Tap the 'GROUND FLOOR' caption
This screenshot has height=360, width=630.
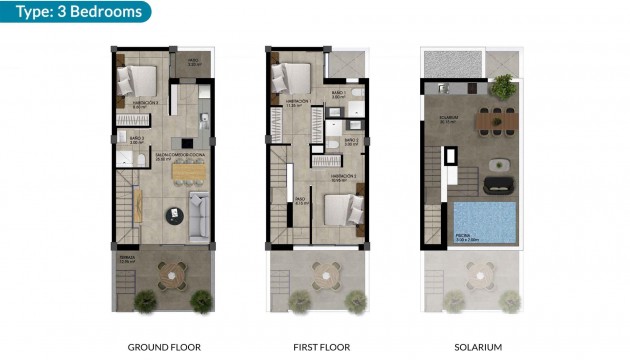164,347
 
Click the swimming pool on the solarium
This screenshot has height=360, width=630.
484,221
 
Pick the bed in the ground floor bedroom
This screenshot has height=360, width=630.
138,78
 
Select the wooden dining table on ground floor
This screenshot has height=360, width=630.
186,172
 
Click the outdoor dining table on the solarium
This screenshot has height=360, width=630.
494,122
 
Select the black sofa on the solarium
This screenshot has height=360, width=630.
496,185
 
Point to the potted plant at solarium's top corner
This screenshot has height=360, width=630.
502,84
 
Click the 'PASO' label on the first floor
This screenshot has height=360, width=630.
299,200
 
